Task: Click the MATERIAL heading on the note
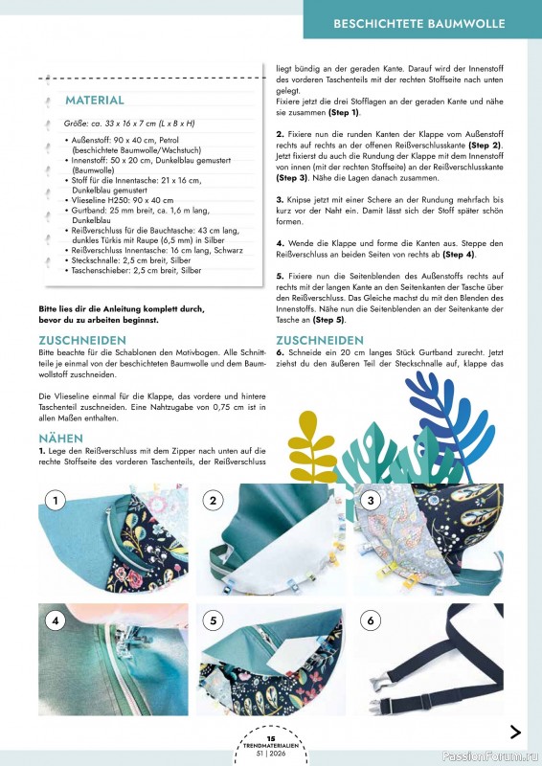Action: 94,100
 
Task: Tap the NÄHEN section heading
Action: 60,438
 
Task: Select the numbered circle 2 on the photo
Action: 215,501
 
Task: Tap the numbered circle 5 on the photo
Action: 215,620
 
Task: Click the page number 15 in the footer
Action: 271,738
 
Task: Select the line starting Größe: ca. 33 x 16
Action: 129,124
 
